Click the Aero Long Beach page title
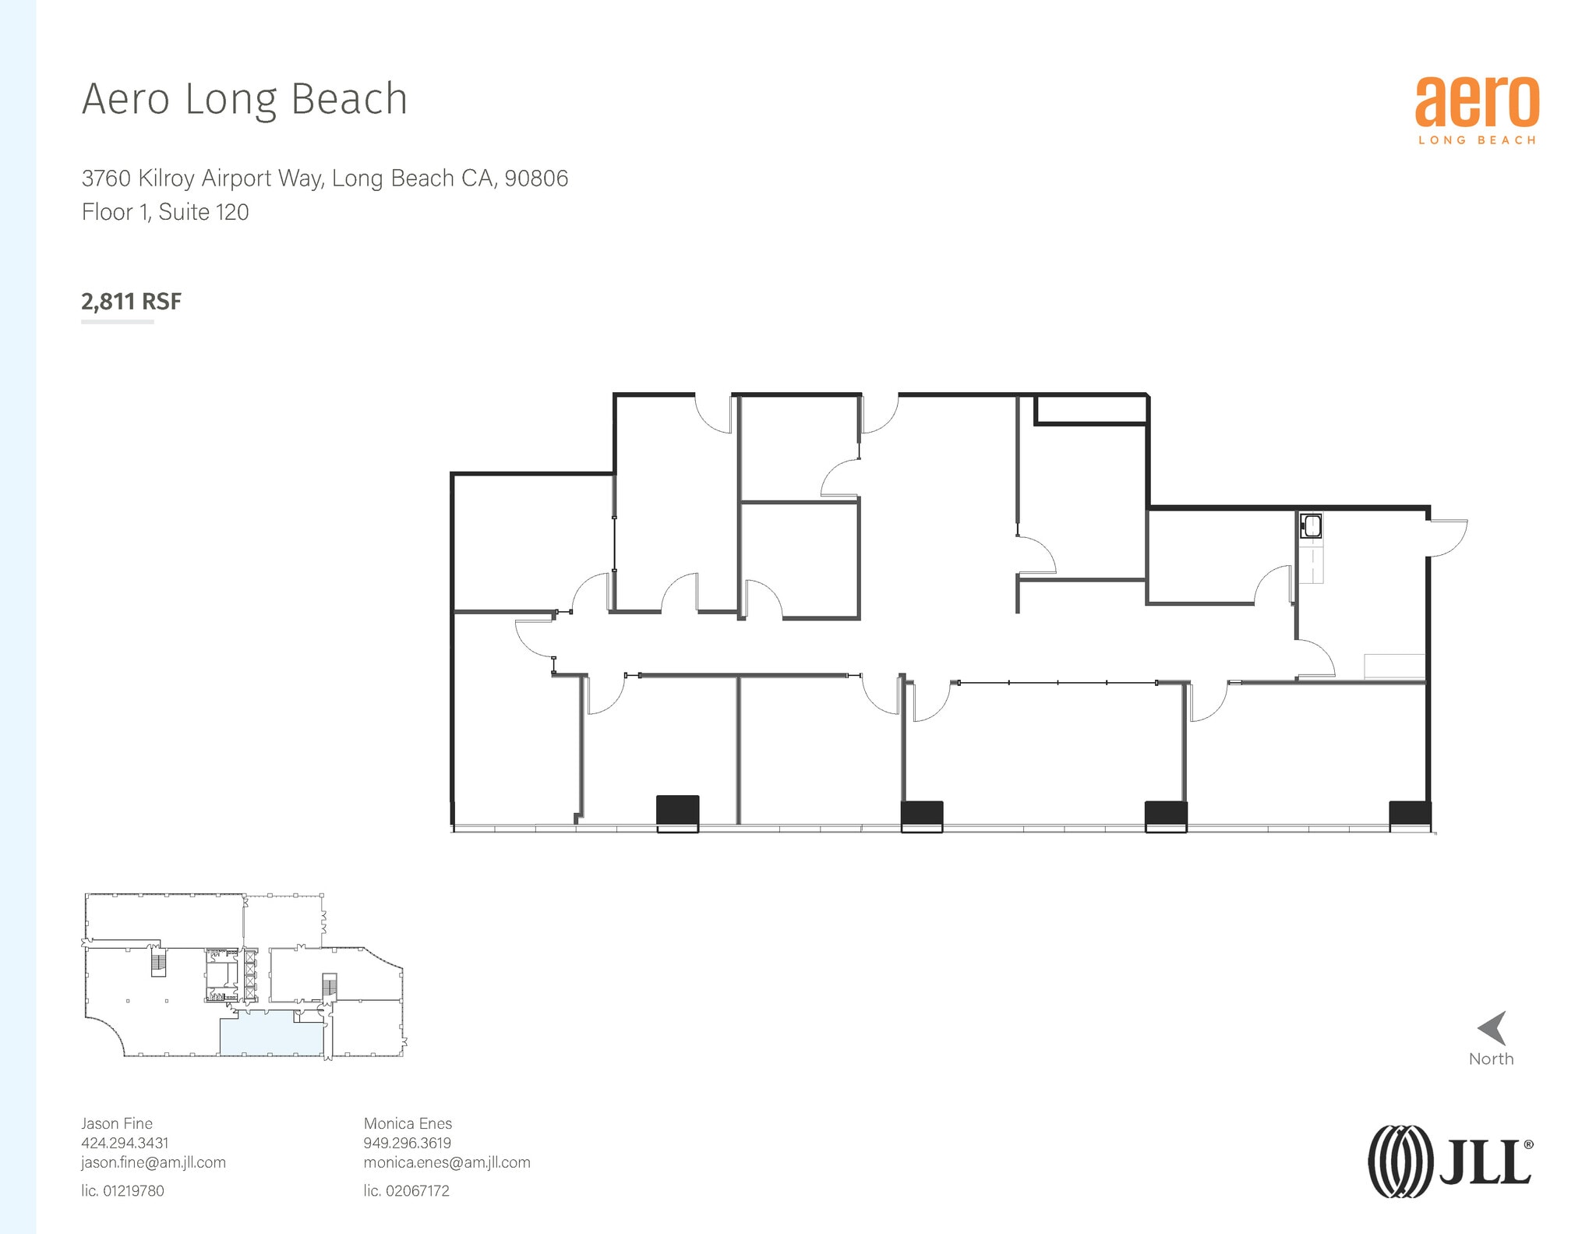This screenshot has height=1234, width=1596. pos(245,100)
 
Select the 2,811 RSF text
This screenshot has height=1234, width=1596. pos(131,302)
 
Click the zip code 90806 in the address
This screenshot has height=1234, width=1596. pos(536,179)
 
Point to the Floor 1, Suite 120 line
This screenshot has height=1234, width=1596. pos(165,212)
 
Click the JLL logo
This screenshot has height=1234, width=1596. pos(1449,1161)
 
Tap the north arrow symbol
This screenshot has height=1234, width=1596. pos(1493,1028)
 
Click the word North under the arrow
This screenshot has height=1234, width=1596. pos(1491,1059)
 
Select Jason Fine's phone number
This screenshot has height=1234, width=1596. pos(125,1143)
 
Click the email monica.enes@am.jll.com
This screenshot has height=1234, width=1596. pos(447,1162)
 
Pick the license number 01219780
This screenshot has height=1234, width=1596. pos(133,1190)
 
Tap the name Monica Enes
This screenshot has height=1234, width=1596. pos(408,1123)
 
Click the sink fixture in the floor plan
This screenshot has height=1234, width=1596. pos(1311,525)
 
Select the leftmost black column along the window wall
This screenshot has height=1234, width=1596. pos(677,811)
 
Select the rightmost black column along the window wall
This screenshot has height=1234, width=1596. pos(1410,815)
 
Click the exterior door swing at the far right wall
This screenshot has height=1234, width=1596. pos(1447,537)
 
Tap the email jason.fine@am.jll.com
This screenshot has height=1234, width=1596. pos(154,1162)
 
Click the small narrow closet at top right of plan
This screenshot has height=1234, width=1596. pos(1090,410)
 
